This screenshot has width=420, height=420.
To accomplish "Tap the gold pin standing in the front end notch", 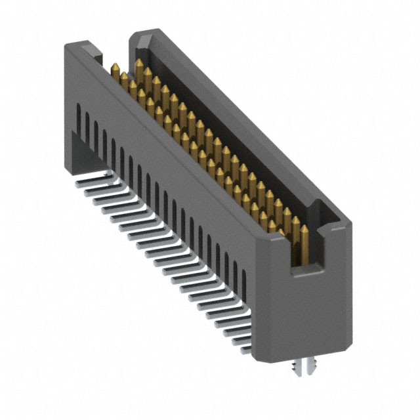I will (304, 246).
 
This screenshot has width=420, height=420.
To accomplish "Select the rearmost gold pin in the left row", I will (115, 72).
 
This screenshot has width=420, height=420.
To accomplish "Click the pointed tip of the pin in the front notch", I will (304, 230).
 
